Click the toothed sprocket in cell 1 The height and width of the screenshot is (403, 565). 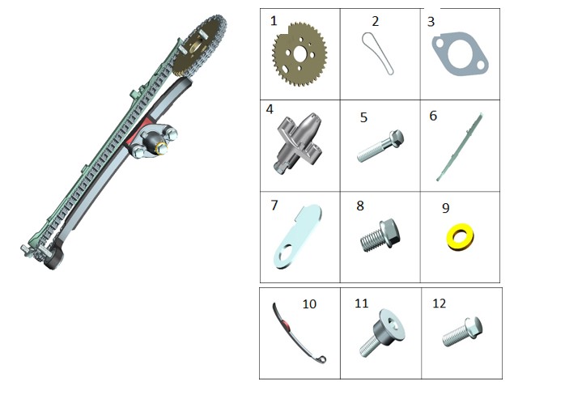(x=299, y=54)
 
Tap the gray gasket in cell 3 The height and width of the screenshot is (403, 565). (x=460, y=54)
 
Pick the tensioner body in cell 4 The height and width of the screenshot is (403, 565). (x=299, y=143)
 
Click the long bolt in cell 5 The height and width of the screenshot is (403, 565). (x=380, y=146)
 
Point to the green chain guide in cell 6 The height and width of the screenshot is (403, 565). (x=460, y=147)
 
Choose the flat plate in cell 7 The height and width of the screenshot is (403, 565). (x=298, y=236)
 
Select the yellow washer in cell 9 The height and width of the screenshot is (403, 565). (x=460, y=237)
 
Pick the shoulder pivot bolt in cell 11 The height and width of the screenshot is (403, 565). (x=383, y=332)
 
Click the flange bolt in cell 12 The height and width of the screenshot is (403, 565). (x=462, y=332)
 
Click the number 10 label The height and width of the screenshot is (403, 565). (x=309, y=304)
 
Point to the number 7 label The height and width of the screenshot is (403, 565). (x=274, y=205)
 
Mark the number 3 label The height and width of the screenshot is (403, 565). (x=431, y=22)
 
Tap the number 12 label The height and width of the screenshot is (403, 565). (x=439, y=303)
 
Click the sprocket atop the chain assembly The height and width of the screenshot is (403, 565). (x=199, y=46)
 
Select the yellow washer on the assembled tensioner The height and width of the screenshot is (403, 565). (x=161, y=147)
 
